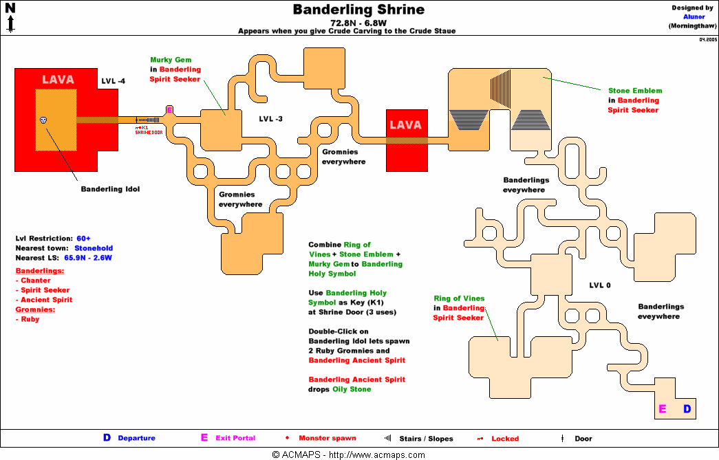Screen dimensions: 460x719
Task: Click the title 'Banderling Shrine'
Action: click(x=358, y=10)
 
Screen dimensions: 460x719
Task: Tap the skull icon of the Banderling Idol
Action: click(x=44, y=120)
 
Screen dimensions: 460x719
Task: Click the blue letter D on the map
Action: click(x=687, y=409)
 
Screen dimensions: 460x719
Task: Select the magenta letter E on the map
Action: click(x=663, y=409)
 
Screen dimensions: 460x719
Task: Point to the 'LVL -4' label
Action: click(x=113, y=81)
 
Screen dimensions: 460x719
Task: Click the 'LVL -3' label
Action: click(x=270, y=119)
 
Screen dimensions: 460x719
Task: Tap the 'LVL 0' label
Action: click(x=600, y=285)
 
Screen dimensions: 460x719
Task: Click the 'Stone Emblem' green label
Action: click(x=634, y=91)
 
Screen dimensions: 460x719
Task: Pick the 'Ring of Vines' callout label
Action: click(x=459, y=298)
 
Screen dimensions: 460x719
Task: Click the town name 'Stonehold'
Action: click(x=94, y=248)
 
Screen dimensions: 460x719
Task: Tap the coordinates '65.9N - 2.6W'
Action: click(x=88, y=258)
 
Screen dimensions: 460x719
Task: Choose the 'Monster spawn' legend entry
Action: click(x=327, y=438)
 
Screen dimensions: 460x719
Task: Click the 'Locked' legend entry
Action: click(x=505, y=438)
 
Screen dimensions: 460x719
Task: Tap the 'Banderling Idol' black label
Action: click(x=110, y=189)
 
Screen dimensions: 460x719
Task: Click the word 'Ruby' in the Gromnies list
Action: click(x=30, y=319)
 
